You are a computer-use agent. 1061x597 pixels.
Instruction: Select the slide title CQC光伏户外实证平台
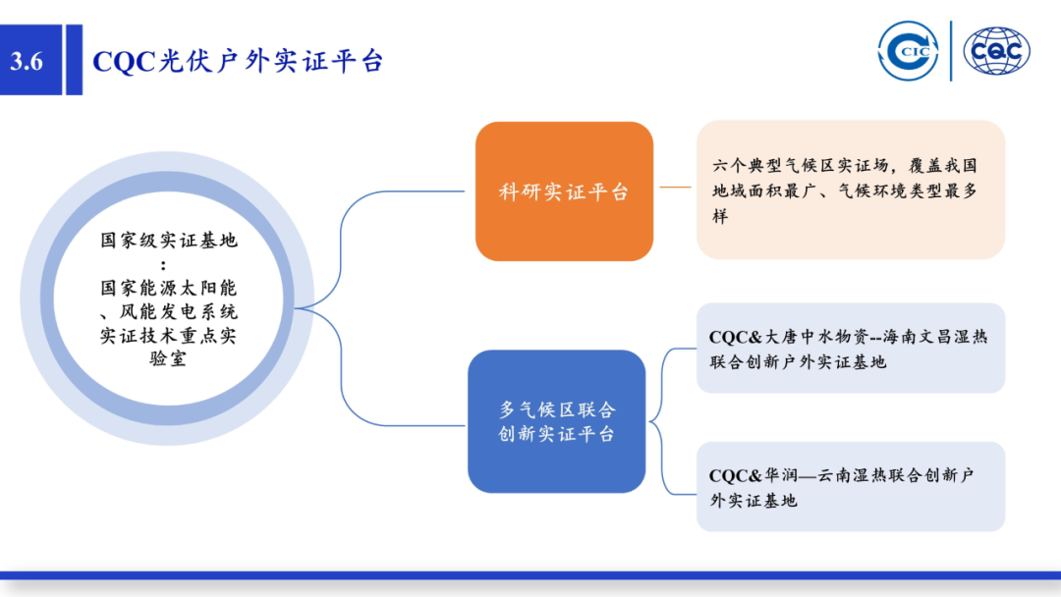click(x=237, y=61)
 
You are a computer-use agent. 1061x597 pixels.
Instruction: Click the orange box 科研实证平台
click(x=564, y=191)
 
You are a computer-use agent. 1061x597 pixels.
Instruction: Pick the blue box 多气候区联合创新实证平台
click(x=556, y=421)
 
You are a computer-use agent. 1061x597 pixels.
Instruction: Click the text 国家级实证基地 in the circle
click(x=168, y=241)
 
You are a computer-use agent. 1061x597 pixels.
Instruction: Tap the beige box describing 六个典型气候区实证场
click(x=850, y=190)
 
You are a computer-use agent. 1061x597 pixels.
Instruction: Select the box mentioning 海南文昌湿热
click(x=850, y=349)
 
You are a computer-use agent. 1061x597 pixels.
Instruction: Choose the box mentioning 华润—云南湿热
click(x=850, y=487)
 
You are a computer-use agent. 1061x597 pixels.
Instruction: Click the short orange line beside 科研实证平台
click(x=675, y=186)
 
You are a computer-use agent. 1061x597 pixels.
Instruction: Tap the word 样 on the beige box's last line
click(x=720, y=216)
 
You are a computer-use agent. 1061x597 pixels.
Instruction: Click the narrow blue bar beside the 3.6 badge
click(x=74, y=61)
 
